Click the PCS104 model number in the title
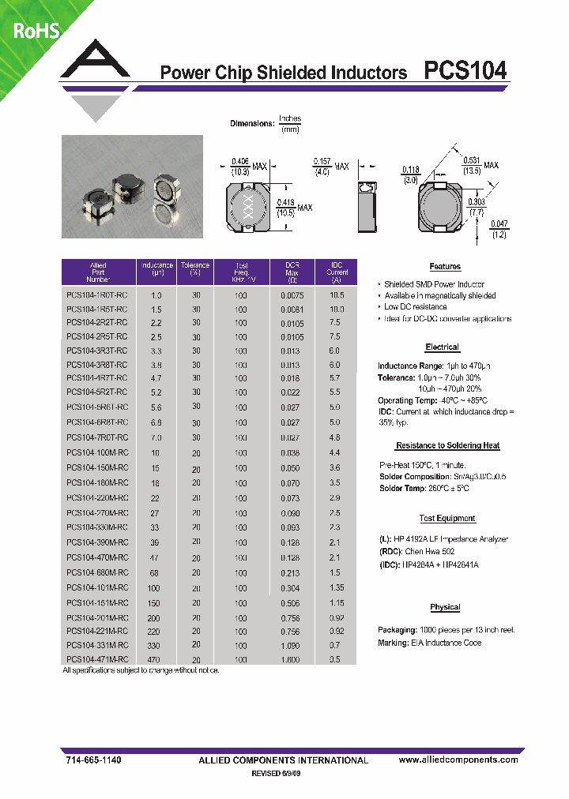point(465,72)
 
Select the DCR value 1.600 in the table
point(291,659)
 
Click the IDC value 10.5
point(337,294)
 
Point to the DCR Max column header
point(291,272)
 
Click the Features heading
point(445,267)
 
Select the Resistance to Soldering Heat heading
point(447,446)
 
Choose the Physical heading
point(445,607)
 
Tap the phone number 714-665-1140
point(92,760)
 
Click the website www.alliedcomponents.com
point(458,760)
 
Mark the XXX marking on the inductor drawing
point(245,208)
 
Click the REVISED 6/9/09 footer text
point(276,774)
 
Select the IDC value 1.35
point(337,588)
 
